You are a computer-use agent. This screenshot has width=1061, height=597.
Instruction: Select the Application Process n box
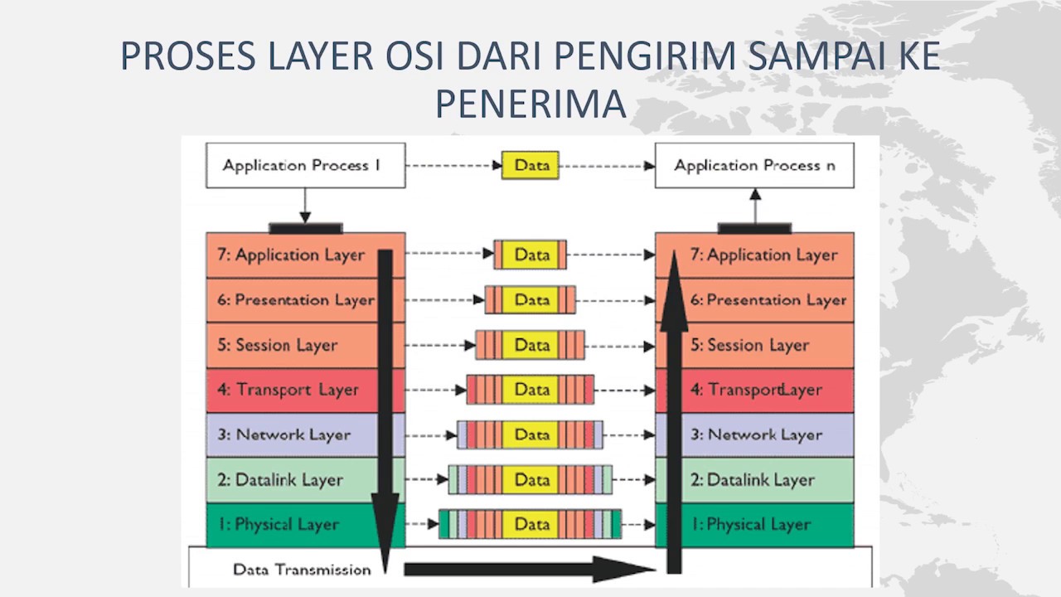point(754,165)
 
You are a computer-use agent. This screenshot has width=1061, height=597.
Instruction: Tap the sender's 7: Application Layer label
point(291,255)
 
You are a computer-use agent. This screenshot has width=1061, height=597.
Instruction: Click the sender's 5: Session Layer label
point(278,345)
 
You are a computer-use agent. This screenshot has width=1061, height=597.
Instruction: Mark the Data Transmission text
point(302,570)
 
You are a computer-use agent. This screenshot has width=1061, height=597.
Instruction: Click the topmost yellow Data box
point(531,165)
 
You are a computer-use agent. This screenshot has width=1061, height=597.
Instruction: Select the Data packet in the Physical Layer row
point(530,524)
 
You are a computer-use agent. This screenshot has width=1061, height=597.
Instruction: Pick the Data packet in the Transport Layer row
point(530,390)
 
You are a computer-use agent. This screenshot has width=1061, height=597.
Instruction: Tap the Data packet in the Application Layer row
point(530,255)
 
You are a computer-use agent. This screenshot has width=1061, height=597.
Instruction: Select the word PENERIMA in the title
point(530,104)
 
